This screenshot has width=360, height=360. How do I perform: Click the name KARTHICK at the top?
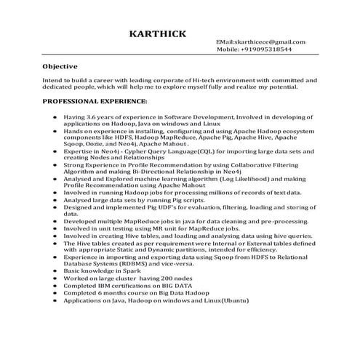click(x=156, y=33)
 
